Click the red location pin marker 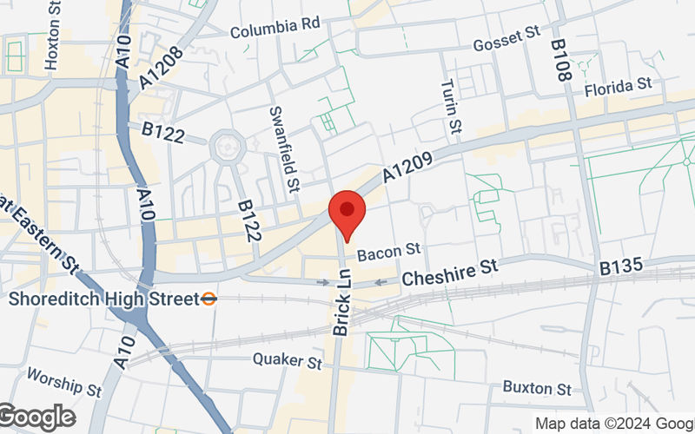point(347,214)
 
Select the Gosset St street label point(506,40)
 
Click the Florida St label point(618,86)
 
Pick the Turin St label point(449,107)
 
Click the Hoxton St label point(53,36)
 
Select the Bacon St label point(388,252)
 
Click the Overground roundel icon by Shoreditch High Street point(208,299)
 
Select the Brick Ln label point(341,309)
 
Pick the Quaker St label point(288,359)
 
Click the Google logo point(36,418)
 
